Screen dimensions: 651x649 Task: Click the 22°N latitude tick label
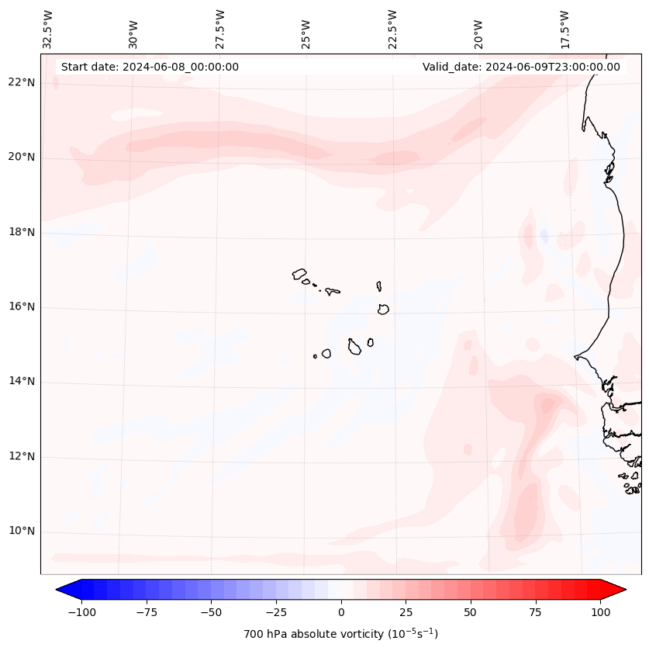click(22, 82)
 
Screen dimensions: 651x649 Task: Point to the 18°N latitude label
click(22, 232)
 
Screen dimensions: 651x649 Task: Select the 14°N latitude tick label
click(22, 381)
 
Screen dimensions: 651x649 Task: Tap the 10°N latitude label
click(22, 532)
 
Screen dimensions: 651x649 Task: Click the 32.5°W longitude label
click(47, 29)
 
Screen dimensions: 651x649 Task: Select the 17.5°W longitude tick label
click(565, 29)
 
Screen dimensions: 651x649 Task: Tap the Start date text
click(150, 67)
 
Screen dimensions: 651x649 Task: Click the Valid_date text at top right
click(521, 67)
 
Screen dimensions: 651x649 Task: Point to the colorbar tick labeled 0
click(341, 612)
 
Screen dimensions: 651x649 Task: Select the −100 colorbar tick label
click(80, 612)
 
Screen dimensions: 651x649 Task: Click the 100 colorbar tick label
click(600, 612)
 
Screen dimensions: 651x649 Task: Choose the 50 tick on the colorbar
click(471, 612)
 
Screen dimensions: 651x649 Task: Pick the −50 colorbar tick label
click(210, 612)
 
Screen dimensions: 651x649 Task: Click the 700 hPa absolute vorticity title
click(340, 634)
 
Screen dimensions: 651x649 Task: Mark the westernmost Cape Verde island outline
click(299, 274)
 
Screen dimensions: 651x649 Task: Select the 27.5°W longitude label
click(220, 29)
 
